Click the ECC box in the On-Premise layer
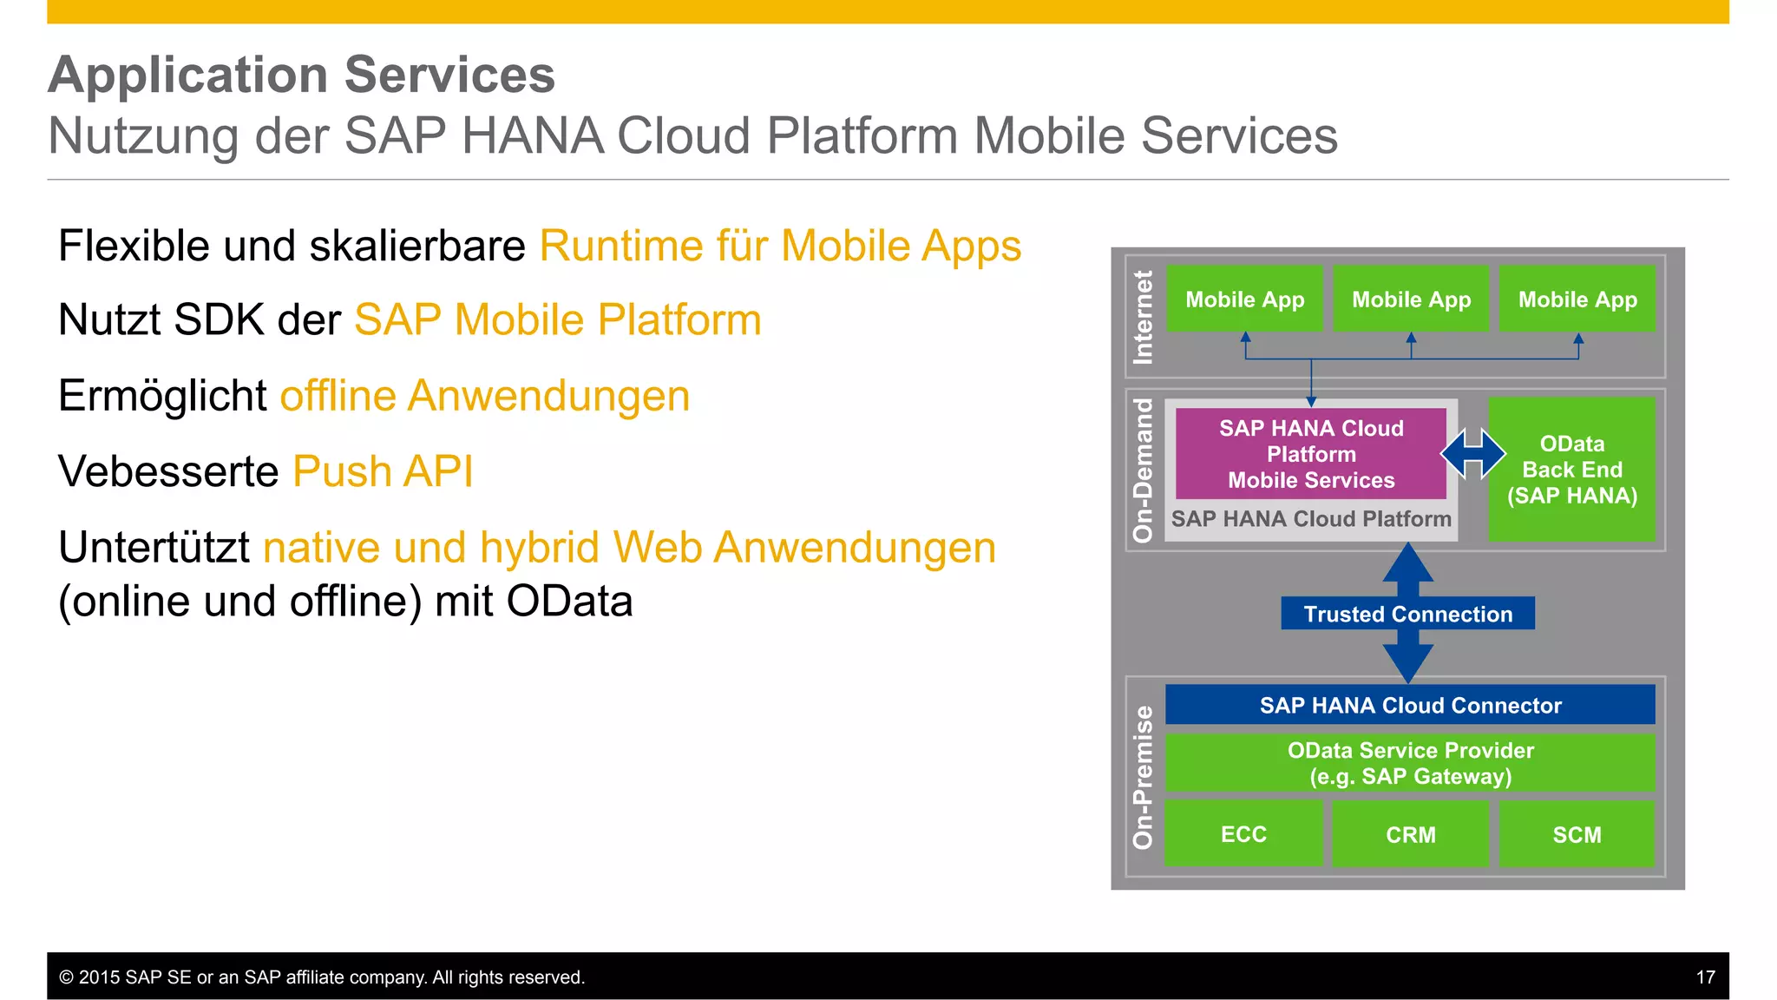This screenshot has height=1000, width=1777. coord(1243,833)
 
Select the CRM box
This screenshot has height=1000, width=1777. coord(1410,833)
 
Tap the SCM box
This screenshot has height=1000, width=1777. coord(1577,833)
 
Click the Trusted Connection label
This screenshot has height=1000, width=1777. coord(1407,614)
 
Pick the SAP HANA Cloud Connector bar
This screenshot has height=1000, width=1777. coord(1410,705)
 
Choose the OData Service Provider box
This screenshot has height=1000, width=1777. coord(1410,763)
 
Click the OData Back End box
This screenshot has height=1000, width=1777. coord(1571,470)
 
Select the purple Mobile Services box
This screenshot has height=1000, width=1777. coord(1310,454)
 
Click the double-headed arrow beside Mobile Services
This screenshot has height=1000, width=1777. coord(1472,453)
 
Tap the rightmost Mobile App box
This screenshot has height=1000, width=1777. coord(1577,299)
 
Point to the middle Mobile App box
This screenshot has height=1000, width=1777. coord(1411,299)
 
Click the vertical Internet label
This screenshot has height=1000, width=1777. coord(1143,317)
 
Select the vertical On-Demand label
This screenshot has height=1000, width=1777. coord(1143,470)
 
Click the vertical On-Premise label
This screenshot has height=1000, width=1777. coord(1143,777)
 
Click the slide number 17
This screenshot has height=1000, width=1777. coord(1705,977)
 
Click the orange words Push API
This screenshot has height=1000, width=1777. coord(383,471)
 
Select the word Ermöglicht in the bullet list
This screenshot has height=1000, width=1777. coord(162,396)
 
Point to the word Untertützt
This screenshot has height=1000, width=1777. coord(154,548)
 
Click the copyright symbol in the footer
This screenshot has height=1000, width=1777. coord(66,977)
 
